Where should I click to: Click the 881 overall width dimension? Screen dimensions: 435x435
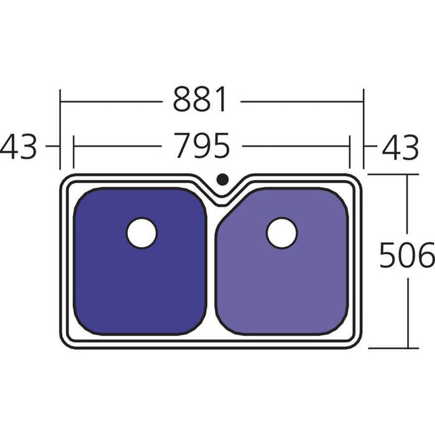[x=201, y=99]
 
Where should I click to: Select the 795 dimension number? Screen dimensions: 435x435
[x=201, y=147]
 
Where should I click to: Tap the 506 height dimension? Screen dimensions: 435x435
[x=406, y=255]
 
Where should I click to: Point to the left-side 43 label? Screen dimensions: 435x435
[x=19, y=148]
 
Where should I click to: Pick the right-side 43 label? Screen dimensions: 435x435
[x=400, y=148]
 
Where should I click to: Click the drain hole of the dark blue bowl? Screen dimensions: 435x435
[x=142, y=233]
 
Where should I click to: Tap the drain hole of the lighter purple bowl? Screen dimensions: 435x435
[x=282, y=233]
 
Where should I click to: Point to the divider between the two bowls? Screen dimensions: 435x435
[x=211, y=267]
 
